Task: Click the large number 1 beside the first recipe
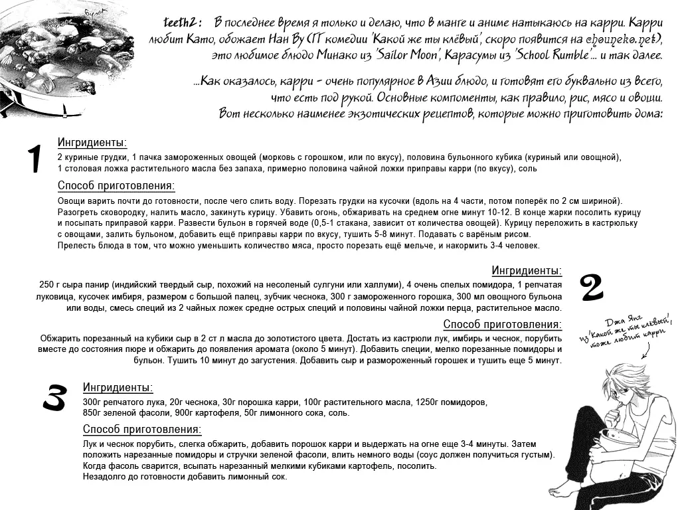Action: [x=34, y=160]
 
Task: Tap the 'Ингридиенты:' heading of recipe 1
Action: [x=92, y=143]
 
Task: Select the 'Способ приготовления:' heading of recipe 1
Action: [x=116, y=186]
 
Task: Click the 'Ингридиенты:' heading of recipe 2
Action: [x=527, y=270]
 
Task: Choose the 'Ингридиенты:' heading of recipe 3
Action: [x=118, y=388]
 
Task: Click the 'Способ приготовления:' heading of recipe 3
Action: [x=141, y=430]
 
